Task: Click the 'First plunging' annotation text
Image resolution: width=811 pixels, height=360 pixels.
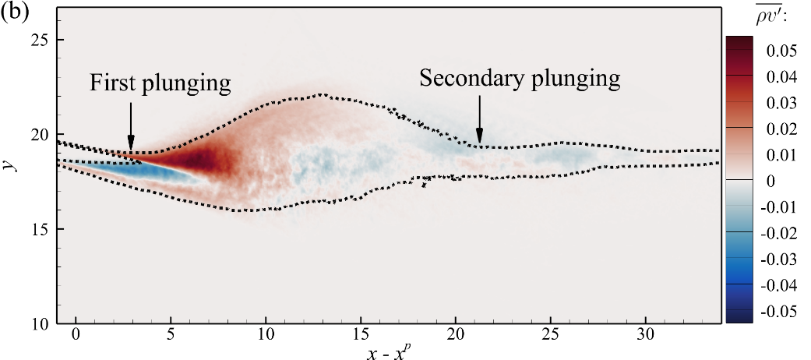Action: (160, 83)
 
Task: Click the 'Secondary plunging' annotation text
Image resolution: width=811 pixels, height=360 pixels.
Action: (520, 78)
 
